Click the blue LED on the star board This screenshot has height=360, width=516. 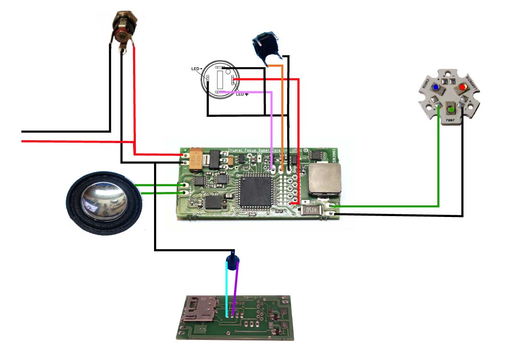(436, 87)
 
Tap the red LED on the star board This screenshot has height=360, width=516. (463, 86)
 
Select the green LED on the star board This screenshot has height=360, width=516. (451, 109)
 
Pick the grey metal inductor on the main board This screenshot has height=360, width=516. (325, 180)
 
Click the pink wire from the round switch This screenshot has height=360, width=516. (272, 129)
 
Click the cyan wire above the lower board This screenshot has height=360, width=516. (227, 290)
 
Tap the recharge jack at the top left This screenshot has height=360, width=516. (124, 29)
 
